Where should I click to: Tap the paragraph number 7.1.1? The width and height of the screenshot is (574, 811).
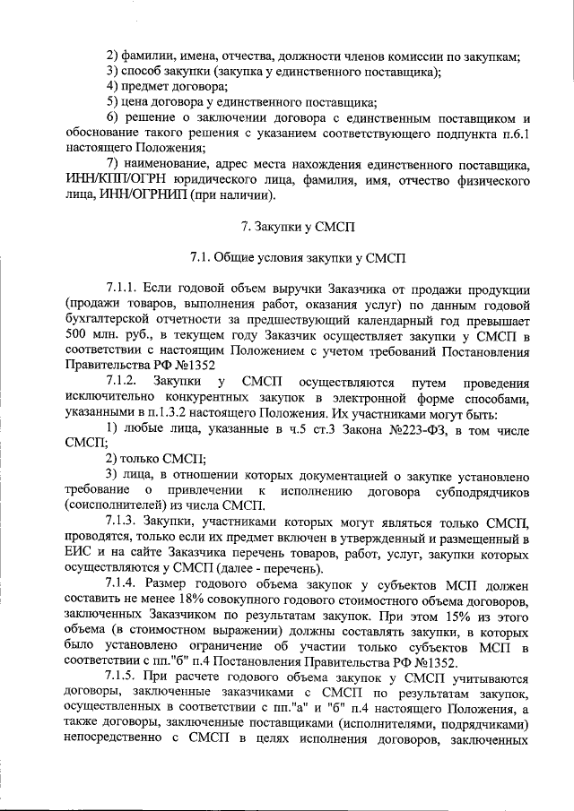[x=124, y=291]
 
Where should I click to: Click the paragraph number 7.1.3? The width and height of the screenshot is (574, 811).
[x=124, y=522]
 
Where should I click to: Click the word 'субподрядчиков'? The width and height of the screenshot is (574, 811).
[x=473, y=491]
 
